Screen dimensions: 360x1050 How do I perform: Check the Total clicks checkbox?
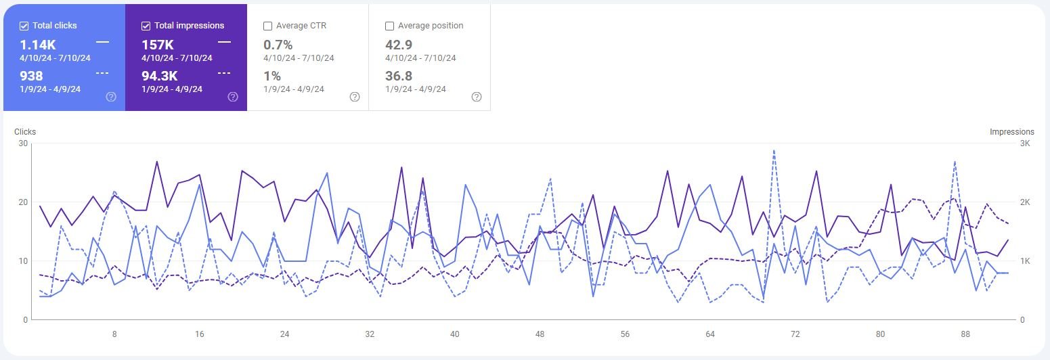point(24,26)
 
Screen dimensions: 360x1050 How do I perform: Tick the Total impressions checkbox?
point(146,26)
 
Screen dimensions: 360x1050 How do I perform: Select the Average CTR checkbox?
point(267,26)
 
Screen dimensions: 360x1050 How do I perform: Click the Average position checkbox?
point(389,26)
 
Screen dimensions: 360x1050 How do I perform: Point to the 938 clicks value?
point(31,76)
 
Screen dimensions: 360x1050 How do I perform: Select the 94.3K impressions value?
point(159,76)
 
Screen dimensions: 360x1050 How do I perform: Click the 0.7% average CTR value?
point(278,45)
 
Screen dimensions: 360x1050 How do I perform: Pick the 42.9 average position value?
point(399,45)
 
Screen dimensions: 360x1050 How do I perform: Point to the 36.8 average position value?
point(399,76)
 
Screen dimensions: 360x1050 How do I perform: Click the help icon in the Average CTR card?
point(355,97)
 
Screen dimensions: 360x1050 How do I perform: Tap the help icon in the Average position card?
point(477,97)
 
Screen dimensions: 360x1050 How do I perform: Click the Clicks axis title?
point(25,132)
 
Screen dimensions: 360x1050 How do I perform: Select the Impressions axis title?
point(1011,132)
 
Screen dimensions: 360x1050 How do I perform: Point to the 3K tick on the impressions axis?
point(1024,143)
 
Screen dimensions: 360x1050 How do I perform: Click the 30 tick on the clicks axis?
point(24,143)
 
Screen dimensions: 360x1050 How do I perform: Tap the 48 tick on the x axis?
point(540,334)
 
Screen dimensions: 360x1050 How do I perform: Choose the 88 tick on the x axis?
point(966,334)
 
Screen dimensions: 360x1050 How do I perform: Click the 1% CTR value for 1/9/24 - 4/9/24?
point(271,76)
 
